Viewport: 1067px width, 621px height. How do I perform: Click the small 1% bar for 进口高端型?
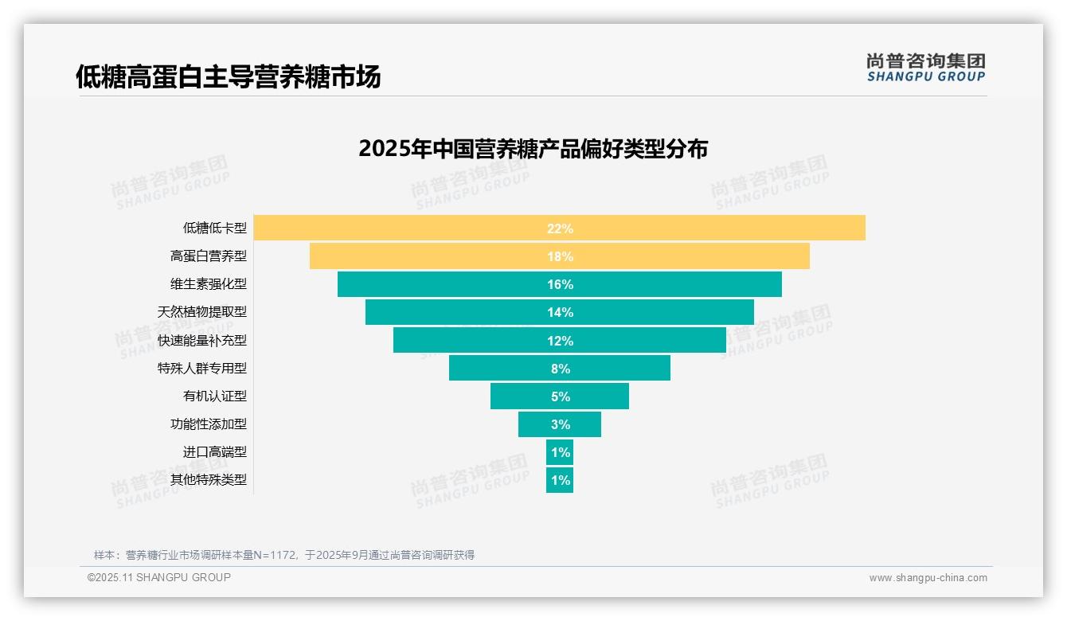tap(560, 452)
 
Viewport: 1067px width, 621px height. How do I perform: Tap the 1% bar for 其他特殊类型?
tap(560, 480)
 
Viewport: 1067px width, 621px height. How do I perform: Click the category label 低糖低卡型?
tap(215, 228)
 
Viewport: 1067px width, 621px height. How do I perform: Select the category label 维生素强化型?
tap(209, 284)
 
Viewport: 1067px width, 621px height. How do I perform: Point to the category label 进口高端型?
tap(215, 452)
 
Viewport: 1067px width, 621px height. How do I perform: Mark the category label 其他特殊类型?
tap(209, 480)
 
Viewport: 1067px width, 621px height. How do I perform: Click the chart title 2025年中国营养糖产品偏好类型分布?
tap(533, 149)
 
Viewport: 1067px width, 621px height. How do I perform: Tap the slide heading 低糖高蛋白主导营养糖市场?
tap(228, 76)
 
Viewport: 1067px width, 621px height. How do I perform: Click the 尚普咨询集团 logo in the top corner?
tap(925, 68)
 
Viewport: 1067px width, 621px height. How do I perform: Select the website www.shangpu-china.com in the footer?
tap(928, 578)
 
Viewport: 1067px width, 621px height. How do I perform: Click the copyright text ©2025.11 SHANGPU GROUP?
tap(159, 578)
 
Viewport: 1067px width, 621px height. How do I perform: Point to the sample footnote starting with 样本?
tap(284, 555)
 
